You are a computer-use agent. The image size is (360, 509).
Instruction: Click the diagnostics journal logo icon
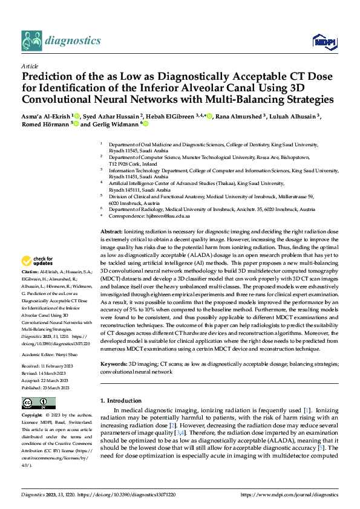31,41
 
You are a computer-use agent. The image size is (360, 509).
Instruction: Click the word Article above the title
30,66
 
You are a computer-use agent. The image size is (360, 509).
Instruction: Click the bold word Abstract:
111,232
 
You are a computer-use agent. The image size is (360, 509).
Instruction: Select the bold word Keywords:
113,365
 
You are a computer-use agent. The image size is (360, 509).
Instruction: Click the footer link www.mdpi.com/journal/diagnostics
289,494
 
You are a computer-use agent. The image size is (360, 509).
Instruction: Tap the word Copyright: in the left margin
31,417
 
